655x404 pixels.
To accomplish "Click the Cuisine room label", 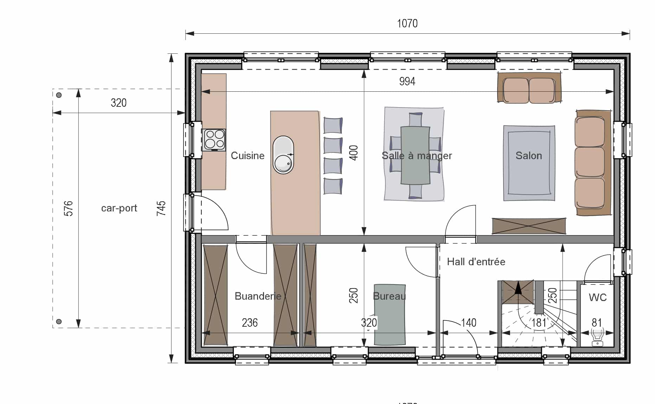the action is (248, 156).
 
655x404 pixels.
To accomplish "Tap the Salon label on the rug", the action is (529, 156).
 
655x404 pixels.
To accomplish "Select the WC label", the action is (598, 298).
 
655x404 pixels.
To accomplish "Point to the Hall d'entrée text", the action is (476, 262).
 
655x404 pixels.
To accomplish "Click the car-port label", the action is (119, 208).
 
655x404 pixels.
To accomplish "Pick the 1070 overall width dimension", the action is (407, 24).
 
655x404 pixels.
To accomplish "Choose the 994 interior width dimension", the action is (407, 82).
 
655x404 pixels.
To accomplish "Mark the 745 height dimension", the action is (161, 208).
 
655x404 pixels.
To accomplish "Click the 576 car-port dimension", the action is (69, 208).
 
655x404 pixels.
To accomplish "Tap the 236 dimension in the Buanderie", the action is (250, 322).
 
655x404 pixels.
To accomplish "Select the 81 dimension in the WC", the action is (597, 322).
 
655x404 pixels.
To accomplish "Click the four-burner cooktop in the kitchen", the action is (214, 140).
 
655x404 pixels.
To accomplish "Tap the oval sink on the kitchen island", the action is (283, 155).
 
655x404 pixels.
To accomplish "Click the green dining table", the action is (415, 155).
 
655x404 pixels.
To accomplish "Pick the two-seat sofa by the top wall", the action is (529, 88).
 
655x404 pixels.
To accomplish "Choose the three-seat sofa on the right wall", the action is (593, 162).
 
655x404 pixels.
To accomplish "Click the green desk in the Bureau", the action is (390, 315).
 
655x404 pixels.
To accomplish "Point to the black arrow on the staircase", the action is (518, 288).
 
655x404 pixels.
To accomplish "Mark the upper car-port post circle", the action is (59, 95).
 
